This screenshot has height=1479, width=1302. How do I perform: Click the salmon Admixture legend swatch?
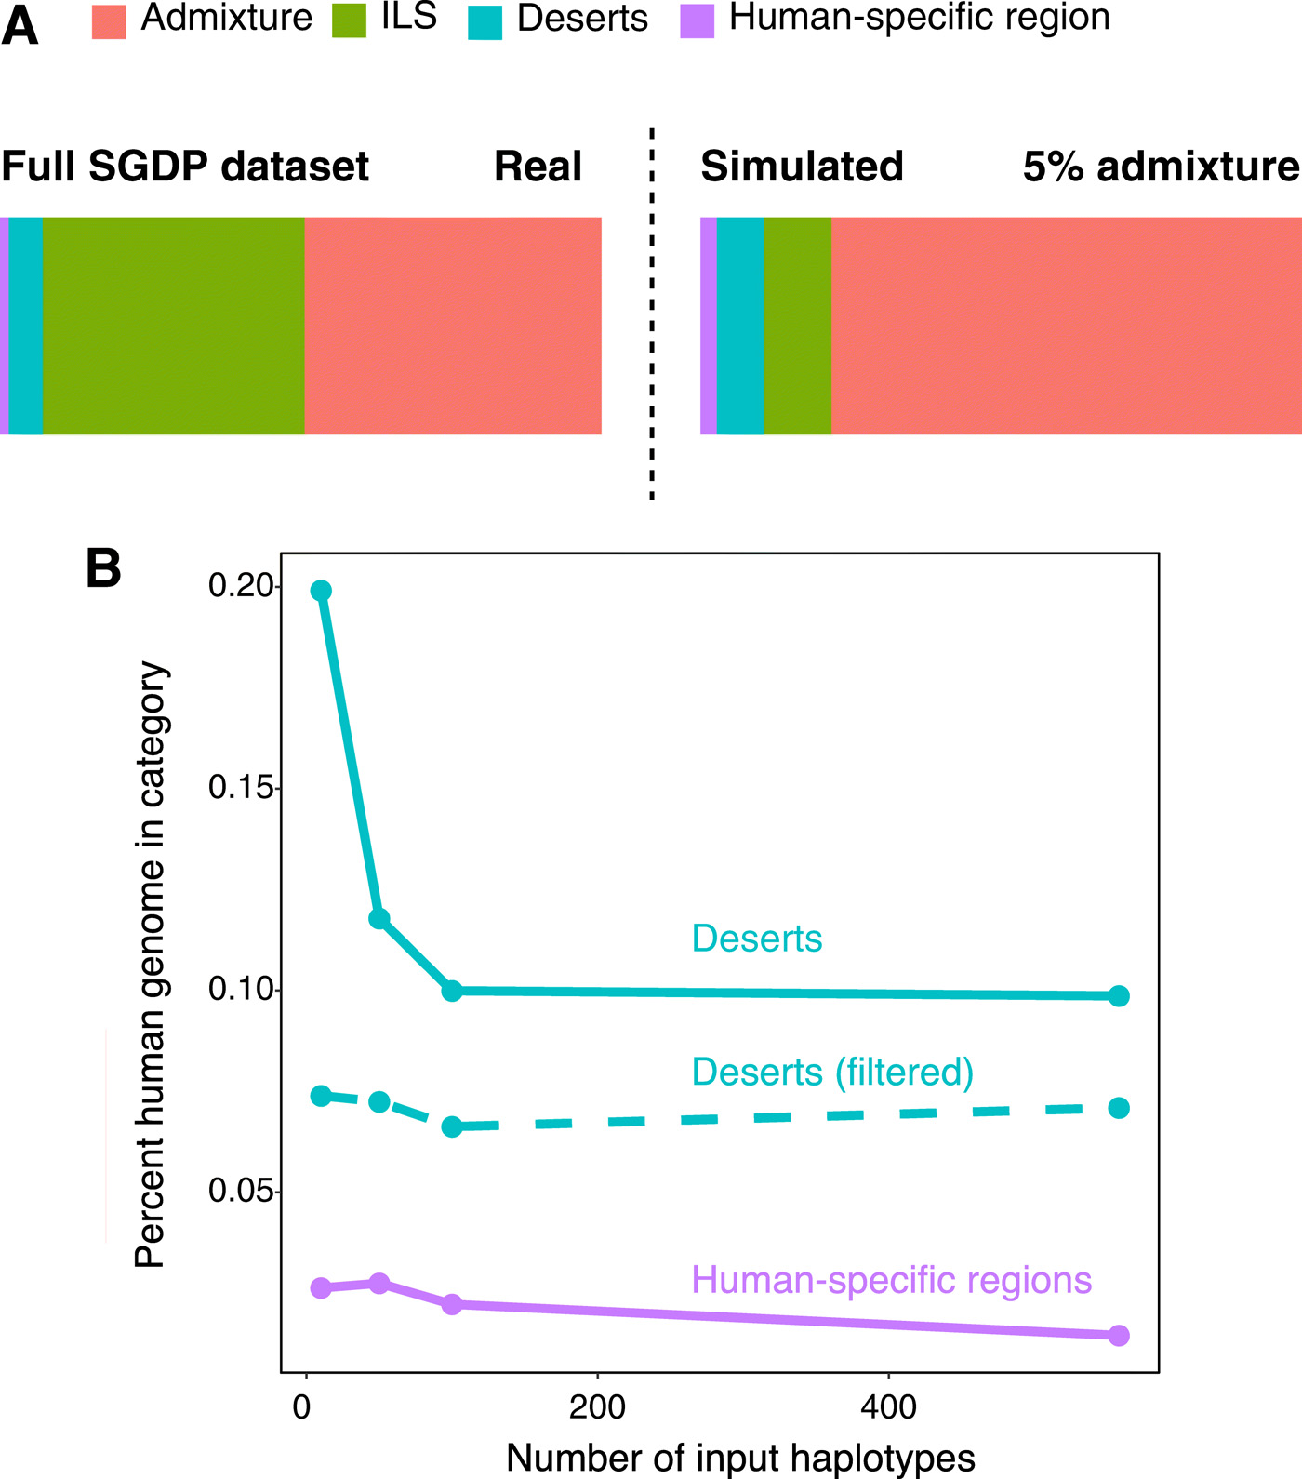pyautogui.click(x=109, y=21)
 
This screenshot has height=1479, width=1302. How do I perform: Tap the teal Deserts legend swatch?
pyautogui.click(x=485, y=21)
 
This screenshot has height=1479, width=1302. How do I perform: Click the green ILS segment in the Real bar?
pyautogui.click(x=174, y=326)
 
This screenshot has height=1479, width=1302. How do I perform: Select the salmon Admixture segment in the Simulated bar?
pyautogui.click(x=1066, y=326)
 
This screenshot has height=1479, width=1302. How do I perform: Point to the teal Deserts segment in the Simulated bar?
pyautogui.click(x=740, y=326)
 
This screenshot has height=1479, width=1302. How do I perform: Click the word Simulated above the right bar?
pyautogui.click(x=802, y=167)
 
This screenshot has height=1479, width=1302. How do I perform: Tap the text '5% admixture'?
pyautogui.click(x=1161, y=167)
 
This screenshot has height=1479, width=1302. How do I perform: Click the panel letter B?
pyautogui.click(x=103, y=568)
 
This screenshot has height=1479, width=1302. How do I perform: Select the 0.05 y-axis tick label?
pyautogui.click(x=241, y=1191)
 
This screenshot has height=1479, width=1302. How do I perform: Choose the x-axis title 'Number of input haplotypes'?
pyautogui.click(x=740, y=1458)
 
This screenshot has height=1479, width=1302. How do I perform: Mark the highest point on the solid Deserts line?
pyautogui.click(x=321, y=591)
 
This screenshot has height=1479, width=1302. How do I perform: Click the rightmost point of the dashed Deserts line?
pyautogui.click(x=1119, y=1108)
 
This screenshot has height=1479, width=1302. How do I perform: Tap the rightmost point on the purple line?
pyautogui.click(x=1119, y=1336)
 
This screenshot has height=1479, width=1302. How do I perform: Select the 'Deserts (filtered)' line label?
pyautogui.click(x=832, y=1073)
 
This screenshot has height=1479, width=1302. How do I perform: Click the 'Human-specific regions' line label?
pyautogui.click(x=891, y=1280)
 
